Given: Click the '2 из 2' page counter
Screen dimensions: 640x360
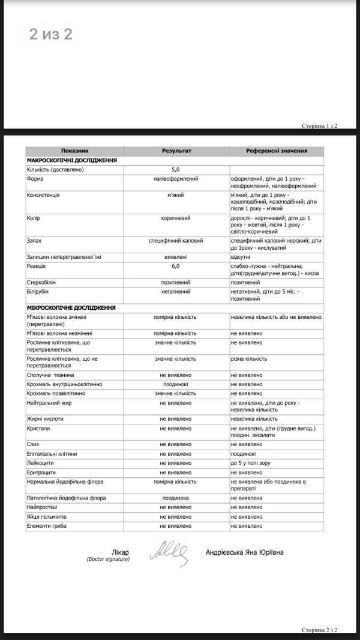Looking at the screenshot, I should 51,34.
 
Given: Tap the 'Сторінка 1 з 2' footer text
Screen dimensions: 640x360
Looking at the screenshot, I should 320,126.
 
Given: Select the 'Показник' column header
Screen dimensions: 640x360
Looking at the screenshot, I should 74,151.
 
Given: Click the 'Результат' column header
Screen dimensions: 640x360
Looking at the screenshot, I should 176,151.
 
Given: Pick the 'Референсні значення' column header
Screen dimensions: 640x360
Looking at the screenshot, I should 277,151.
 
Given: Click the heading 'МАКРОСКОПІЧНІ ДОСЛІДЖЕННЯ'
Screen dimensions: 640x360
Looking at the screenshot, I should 71,160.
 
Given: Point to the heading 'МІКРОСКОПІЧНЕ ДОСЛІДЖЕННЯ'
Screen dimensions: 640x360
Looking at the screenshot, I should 71,307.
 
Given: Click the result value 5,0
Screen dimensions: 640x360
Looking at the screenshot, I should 176,169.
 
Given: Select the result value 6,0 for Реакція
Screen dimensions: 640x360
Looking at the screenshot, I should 176,265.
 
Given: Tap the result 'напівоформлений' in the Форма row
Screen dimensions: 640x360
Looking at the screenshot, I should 176,179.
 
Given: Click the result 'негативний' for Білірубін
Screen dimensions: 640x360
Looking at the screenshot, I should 176,292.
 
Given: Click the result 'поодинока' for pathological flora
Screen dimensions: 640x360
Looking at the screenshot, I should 176,498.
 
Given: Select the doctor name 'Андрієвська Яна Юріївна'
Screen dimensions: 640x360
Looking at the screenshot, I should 244,552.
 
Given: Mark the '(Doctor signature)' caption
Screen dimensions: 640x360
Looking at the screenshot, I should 107,560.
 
